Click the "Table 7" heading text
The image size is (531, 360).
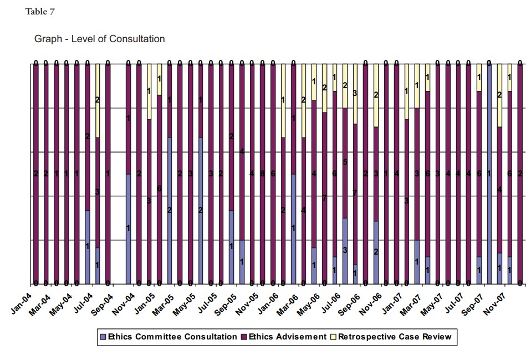pos(40,12)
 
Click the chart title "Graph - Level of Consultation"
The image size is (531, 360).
pos(99,39)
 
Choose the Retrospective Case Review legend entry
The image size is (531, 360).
pos(395,337)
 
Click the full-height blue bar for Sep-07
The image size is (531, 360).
pos(488,173)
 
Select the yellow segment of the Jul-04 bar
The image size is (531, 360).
pos(98,100)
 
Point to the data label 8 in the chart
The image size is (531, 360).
pos(262,174)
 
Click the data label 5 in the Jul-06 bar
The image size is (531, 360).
pos(345,163)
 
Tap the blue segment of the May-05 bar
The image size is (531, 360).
pos(201,210)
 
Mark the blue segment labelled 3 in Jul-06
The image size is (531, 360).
pos(345,251)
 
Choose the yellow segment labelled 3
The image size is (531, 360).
pos(355,94)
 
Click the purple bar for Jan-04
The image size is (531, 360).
pos(35,174)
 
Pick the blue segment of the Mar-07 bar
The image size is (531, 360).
pos(417,261)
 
